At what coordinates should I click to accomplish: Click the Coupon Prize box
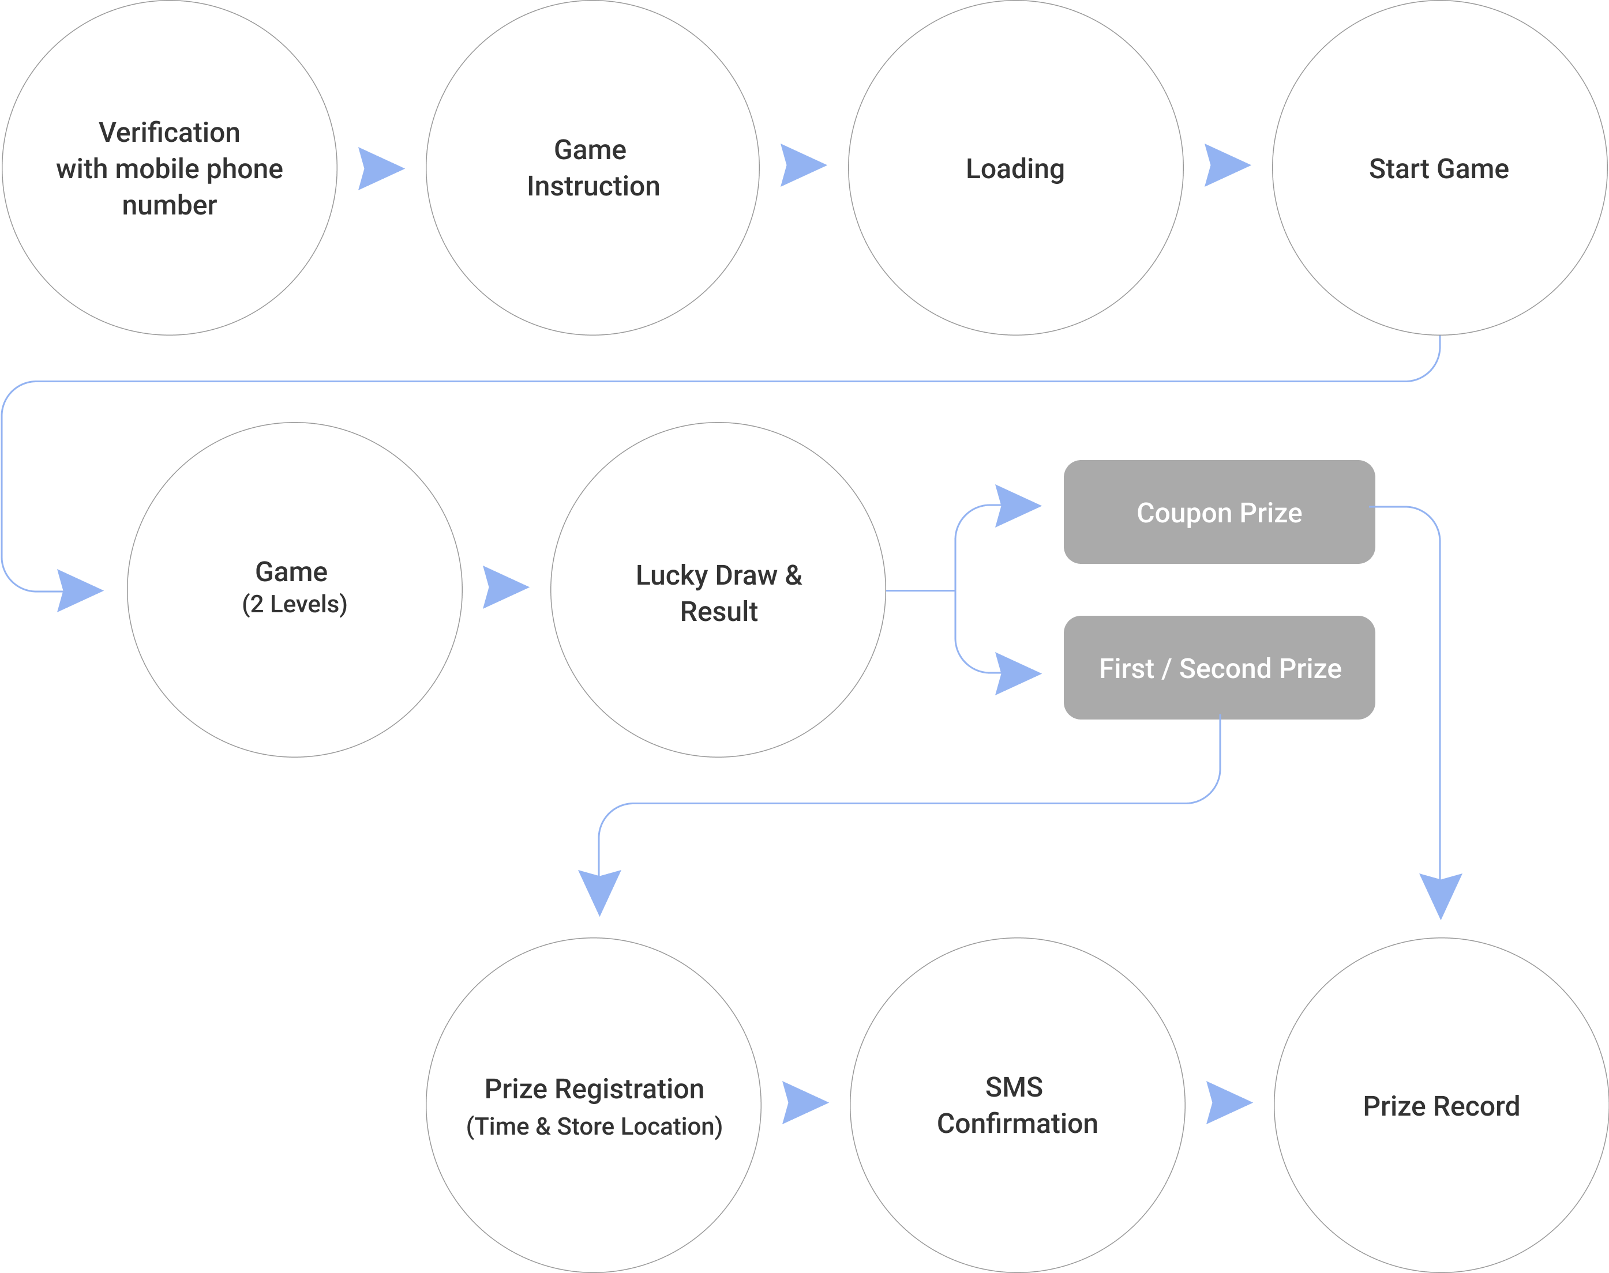point(1219,512)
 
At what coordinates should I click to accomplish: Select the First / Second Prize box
point(1219,668)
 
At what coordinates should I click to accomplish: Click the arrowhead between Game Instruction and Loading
point(801,165)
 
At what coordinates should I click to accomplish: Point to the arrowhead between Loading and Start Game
point(1225,165)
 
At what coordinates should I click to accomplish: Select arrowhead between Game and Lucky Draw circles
point(503,587)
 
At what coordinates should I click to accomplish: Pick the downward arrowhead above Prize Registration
point(599,890)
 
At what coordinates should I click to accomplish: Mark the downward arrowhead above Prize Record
point(1441,894)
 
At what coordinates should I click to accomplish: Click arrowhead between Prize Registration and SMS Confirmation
point(802,1103)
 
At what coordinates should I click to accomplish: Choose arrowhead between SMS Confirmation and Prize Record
point(1227,1103)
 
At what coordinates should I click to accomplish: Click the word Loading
point(1015,169)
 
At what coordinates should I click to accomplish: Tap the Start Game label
point(1438,169)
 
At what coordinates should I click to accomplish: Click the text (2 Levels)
point(294,604)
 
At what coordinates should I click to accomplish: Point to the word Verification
point(169,133)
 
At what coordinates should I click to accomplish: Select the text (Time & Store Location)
point(594,1126)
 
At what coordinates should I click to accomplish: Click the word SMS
point(1014,1087)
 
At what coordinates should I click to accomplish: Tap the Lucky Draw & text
point(719,575)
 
